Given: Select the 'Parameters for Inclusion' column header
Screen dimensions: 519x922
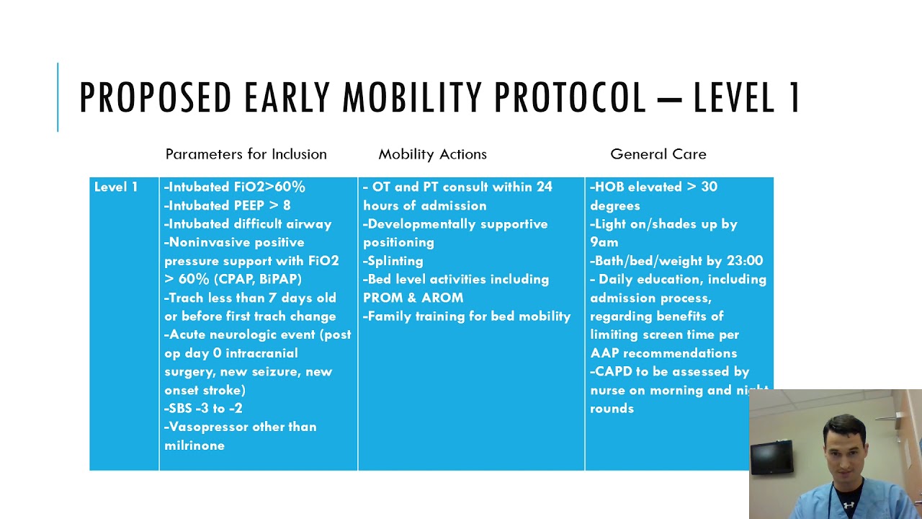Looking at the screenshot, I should click(x=246, y=154).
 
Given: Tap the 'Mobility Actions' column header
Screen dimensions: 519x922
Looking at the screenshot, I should click(x=432, y=154).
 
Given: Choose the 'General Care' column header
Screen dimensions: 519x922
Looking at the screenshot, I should click(x=658, y=154).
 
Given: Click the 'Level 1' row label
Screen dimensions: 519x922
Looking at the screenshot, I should click(x=115, y=187).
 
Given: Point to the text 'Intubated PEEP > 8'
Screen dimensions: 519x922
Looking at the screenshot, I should click(x=227, y=205).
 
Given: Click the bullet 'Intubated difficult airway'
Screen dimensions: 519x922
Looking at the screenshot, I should click(x=248, y=224).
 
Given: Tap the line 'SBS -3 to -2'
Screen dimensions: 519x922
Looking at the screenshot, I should click(x=203, y=409).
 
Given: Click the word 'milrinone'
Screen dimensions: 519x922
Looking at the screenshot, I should click(x=194, y=445).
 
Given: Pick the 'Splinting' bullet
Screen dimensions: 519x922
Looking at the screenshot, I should click(x=393, y=261).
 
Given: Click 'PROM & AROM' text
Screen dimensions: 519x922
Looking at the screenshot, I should click(x=413, y=298).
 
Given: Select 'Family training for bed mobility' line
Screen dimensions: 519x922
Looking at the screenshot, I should click(x=467, y=316).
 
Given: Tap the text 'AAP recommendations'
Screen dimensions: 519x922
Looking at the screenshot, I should click(x=663, y=353).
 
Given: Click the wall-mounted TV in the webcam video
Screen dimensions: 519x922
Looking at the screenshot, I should click(x=771, y=455).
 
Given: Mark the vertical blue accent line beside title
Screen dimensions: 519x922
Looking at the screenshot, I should click(x=58, y=97).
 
